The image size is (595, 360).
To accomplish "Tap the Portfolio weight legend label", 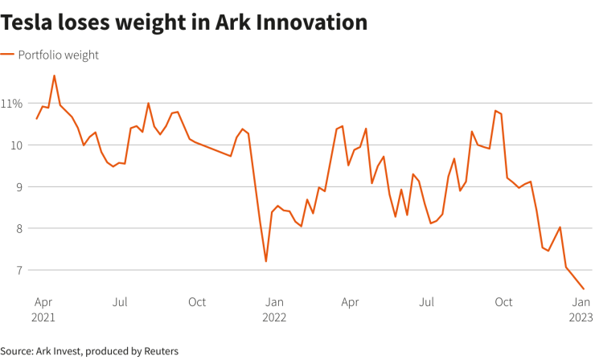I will click(59, 55).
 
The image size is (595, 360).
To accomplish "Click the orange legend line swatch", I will click(7, 55).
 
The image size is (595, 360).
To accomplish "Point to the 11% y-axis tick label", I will click(12, 103).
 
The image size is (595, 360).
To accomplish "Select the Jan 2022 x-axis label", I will click(275, 309).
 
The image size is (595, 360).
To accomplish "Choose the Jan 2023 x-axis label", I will click(581, 309).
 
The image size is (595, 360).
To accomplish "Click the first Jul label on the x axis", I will click(120, 302).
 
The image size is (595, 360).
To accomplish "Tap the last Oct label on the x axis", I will click(503, 302).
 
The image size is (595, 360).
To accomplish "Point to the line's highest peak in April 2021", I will click(54, 76).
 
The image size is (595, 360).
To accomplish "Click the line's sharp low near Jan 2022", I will click(265, 261).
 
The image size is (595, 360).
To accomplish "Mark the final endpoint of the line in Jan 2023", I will click(584, 289).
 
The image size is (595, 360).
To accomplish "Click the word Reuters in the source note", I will click(159, 351).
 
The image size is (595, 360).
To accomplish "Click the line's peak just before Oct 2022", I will click(495, 111).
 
